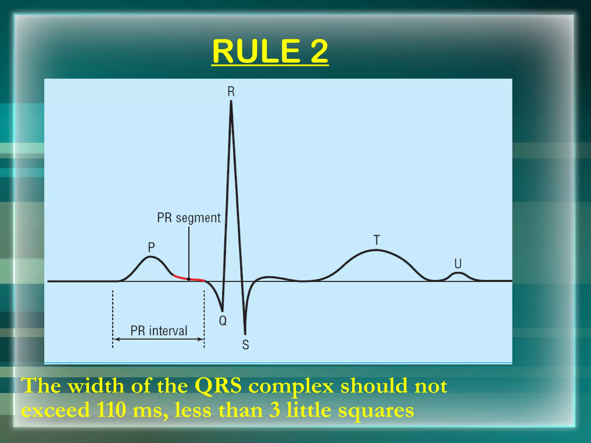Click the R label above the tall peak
231,92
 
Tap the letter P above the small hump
151,247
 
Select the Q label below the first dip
223,320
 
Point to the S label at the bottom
246,345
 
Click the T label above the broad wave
377,240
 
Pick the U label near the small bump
458,263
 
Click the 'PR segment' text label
189,218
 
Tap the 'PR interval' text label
159,331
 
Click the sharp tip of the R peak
231,102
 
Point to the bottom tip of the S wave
245,334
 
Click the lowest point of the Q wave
222,311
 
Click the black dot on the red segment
189,279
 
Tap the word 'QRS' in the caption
218,386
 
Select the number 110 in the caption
111,410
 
